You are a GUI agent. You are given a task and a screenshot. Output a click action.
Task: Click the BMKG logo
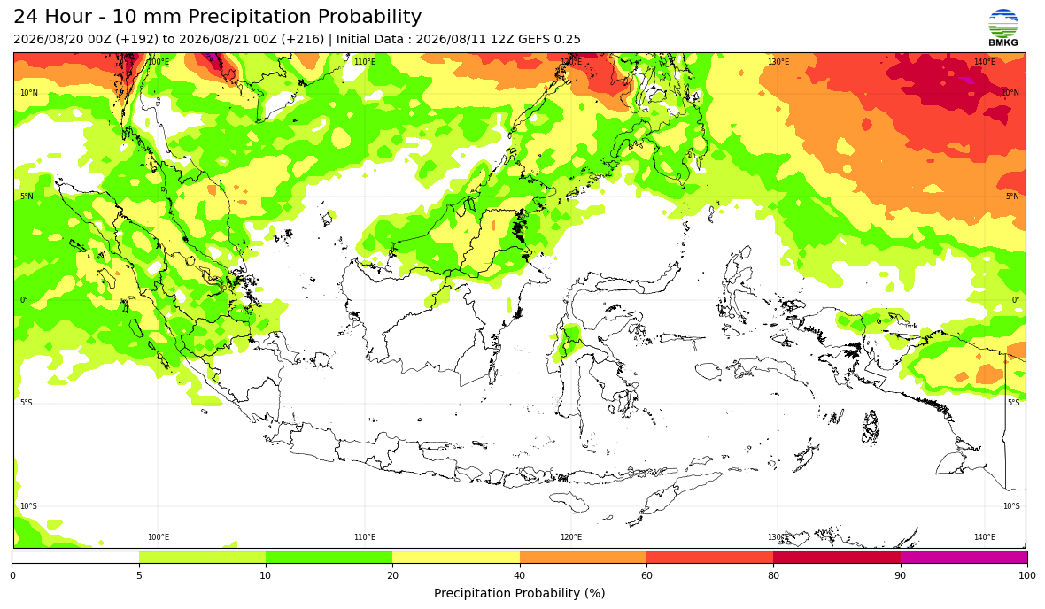(1003, 27)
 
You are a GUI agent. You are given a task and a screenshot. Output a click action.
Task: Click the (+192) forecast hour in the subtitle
(136, 39)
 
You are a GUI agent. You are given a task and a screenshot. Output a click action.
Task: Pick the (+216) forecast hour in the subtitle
(303, 39)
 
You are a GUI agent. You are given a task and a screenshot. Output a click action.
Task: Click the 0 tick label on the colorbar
(12, 575)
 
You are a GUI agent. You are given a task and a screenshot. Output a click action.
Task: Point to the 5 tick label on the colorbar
(139, 575)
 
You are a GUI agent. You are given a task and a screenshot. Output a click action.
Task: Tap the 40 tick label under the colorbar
(520, 575)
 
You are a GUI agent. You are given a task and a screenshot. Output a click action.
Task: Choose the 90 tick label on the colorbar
(901, 575)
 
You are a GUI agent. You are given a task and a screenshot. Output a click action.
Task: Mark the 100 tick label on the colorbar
(1027, 575)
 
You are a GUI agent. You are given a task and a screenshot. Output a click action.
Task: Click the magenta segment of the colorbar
(964, 557)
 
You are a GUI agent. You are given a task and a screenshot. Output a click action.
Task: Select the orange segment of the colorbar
(583, 557)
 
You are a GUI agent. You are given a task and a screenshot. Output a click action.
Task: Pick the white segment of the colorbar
(76, 557)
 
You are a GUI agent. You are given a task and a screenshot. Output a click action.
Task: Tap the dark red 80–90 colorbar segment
(837, 557)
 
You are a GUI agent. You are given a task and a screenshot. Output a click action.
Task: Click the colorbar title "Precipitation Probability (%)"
(519, 593)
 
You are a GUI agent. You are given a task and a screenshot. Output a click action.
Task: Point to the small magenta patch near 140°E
(965, 81)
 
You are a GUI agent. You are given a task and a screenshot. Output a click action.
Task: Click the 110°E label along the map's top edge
(365, 62)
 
